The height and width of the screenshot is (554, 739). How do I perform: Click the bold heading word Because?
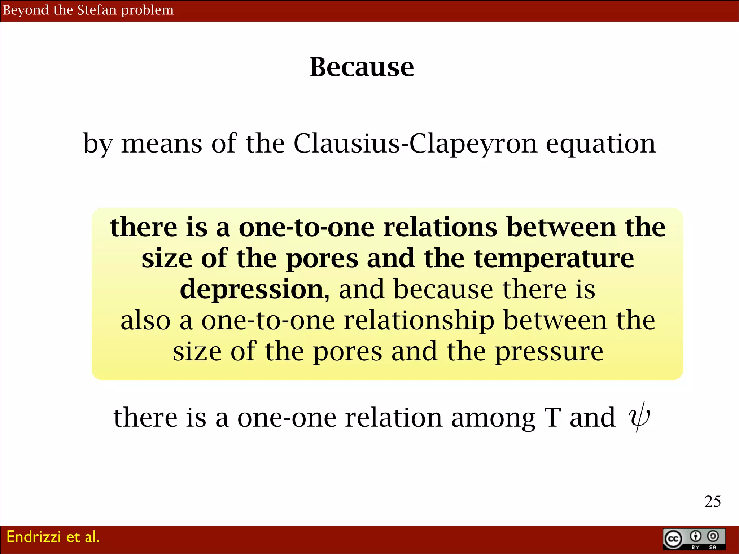click(x=362, y=67)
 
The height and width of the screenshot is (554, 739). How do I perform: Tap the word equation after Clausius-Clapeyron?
click(x=601, y=144)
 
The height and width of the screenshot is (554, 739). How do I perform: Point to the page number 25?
click(x=712, y=501)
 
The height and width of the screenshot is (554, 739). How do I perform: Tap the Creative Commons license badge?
click(x=694, y=539)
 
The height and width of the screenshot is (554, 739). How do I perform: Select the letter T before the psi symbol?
click(x=552, y=418)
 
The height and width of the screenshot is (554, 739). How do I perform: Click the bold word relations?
click(x=440, y=228)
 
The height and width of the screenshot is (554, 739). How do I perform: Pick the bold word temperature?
click(x=554, y=259)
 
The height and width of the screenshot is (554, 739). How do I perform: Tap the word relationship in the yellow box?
click(x=419, y=320)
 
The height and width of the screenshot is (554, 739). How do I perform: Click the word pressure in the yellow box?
click(x=548, y=352)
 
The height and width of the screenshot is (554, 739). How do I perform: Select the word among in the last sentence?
click(x=493, y=418)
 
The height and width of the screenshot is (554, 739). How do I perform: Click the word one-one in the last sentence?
click(x=287, y=418)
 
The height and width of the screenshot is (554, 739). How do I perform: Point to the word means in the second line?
click(x=161, y=144)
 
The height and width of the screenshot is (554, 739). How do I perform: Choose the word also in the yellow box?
click(x=145, y=320)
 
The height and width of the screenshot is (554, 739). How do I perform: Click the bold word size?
click(x=167, y=259)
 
